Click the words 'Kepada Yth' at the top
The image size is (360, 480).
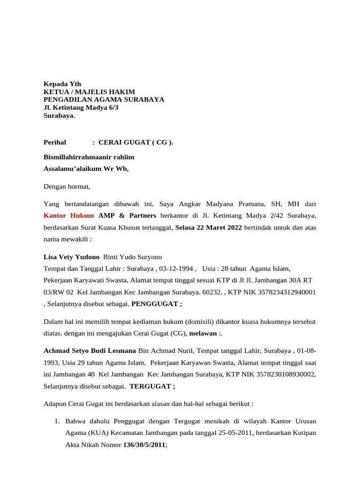tap(62, 84)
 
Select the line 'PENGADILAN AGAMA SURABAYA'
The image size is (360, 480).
tap(104, 100)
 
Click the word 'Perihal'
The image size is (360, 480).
tap(55, 142)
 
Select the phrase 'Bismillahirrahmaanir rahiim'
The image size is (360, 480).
tap(89, 157)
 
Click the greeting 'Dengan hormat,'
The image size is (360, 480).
tap(67, 187)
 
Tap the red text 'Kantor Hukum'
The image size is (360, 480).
tap(69, 216)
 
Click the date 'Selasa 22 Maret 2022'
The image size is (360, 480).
tap(209, 227)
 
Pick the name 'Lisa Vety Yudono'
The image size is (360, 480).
tap(71, 257)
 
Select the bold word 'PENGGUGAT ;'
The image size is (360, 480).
tap(157, 304)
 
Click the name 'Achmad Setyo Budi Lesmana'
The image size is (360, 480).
tap(90, 351)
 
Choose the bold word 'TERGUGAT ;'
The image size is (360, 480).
tap(152, 386)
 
